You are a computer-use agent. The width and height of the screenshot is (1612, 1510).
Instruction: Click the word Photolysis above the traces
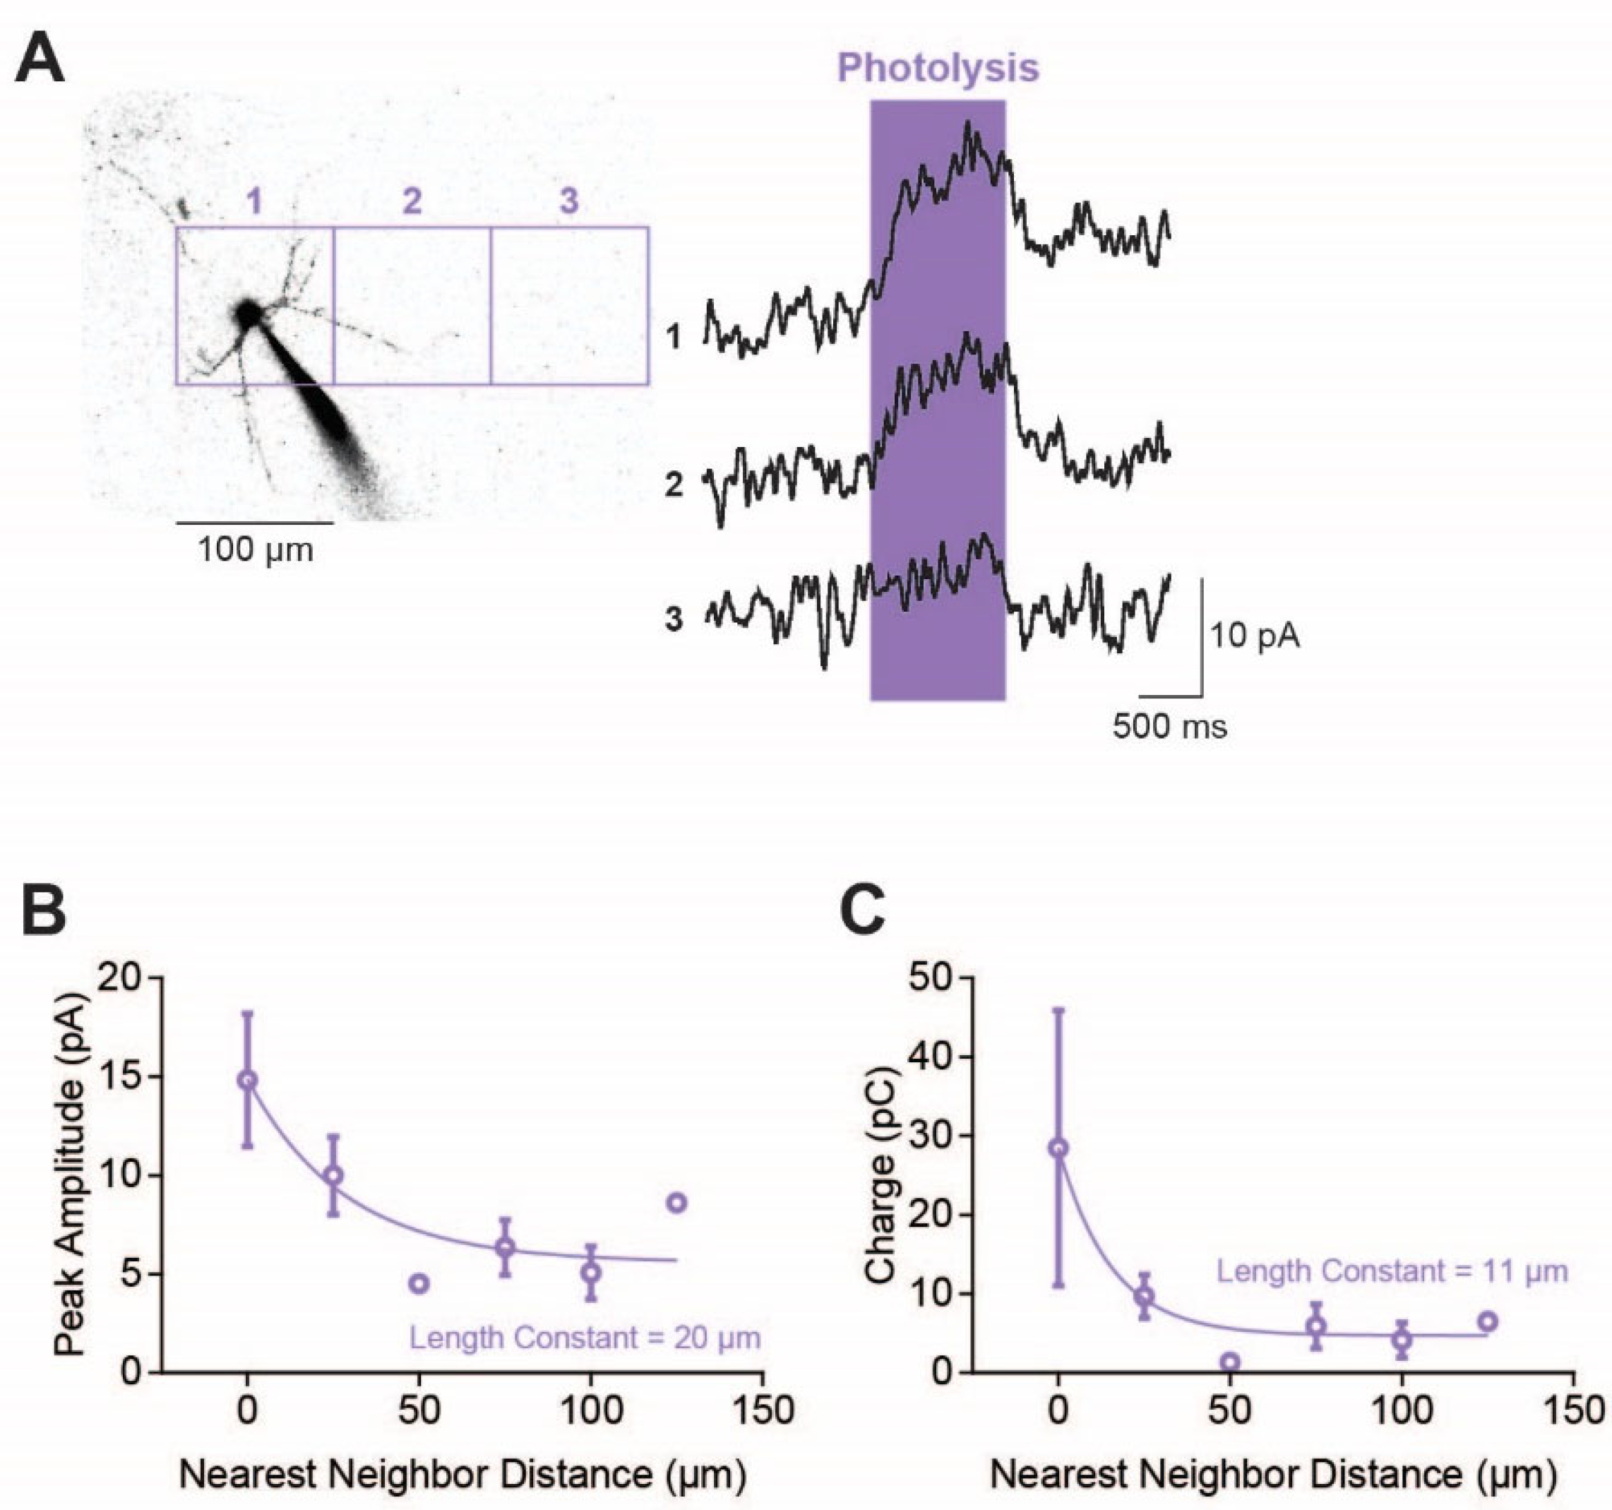[938, 67]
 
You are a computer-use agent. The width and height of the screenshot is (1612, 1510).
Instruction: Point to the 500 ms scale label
[1169, 726]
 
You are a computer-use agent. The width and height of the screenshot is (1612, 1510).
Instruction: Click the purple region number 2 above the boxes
[412, 201]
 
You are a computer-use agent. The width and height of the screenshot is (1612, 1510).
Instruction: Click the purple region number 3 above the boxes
[569, 201]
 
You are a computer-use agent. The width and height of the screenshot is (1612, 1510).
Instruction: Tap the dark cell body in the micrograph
[246, 314]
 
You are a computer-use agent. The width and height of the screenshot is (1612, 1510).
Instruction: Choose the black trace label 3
[674, 619]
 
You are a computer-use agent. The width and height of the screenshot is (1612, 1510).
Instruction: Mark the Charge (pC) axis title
[880, 1175]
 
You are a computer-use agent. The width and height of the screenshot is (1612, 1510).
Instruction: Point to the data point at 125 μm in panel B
[677, 1203]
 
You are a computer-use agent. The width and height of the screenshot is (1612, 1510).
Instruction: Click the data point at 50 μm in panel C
[1230, 1362]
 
